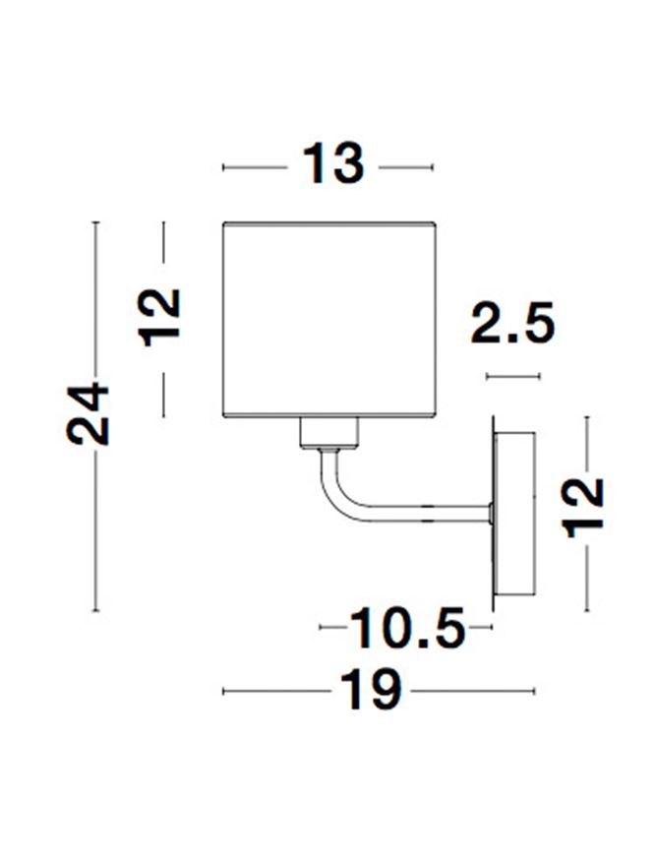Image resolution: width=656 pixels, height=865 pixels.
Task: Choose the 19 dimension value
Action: tap(374, 692)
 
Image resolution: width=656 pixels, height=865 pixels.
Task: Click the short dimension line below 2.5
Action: tap(513, 376)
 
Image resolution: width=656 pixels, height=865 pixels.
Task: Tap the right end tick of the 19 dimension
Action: tap(536, 692)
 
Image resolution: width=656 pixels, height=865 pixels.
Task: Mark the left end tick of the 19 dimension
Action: tap(224, 692)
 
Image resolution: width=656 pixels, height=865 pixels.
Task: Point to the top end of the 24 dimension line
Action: tap(95, 223)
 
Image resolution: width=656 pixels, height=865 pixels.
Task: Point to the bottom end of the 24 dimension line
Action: tap(95, 611)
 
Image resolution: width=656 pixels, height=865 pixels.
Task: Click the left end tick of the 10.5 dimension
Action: tap(323, 627)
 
